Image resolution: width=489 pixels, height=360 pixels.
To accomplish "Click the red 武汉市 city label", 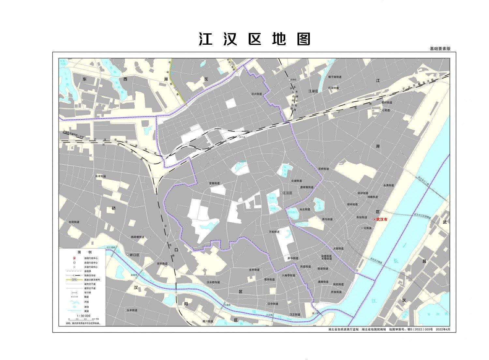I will (382, 219).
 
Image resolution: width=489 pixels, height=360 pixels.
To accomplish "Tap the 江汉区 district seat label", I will (288, 193).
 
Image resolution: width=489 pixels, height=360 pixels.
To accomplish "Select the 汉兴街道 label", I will (257, 94).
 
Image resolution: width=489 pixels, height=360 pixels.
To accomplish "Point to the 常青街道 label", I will (214, 183).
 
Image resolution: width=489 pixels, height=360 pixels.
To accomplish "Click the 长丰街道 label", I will (101, 176).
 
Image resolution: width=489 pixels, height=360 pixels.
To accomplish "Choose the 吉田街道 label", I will (74, 222).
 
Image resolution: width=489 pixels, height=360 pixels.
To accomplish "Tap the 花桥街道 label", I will (323, 169).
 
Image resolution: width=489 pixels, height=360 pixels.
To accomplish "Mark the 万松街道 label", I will (274, 232).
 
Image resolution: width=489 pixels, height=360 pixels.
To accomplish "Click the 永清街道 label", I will (389, 185).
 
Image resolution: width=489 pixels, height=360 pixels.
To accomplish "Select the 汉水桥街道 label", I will (213, 282).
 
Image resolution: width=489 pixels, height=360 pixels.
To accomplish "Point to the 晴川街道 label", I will (208, 321).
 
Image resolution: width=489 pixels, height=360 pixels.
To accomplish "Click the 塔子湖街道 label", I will (335, 77).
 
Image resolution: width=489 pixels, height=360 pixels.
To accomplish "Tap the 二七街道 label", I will (385, 110).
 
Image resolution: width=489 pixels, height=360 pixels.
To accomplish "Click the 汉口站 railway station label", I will (242, 137).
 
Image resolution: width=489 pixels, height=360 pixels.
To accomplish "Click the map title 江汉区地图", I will (255, 39).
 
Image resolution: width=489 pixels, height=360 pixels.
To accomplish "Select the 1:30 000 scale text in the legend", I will (83, 316).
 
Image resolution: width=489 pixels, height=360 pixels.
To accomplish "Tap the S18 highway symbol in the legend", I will (75, 279).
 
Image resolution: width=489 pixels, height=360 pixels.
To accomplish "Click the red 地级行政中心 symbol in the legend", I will (74, 258).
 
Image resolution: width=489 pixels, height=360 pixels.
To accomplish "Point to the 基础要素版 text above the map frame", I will (440, 49).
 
